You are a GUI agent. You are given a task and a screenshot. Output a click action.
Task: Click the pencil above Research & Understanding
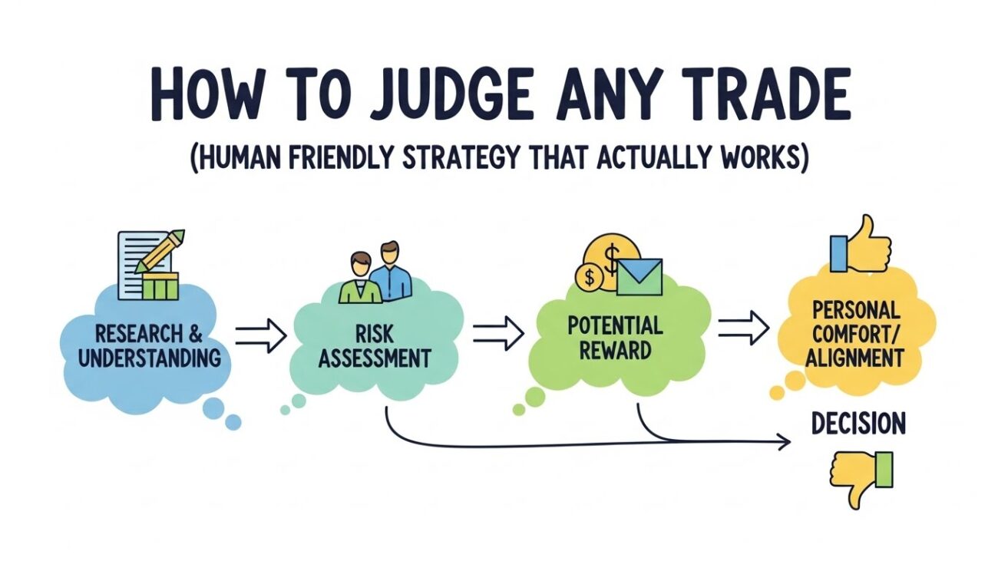[161, 250]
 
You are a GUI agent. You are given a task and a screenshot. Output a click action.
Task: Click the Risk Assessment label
[373, 346]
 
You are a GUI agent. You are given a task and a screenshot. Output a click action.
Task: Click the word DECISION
[858, 423]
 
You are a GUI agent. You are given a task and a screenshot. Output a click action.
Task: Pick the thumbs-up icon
[860, 245]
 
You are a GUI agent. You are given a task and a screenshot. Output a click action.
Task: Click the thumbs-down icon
[861, 476]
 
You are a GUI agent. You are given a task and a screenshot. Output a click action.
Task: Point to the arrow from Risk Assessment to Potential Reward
[497, 332]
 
